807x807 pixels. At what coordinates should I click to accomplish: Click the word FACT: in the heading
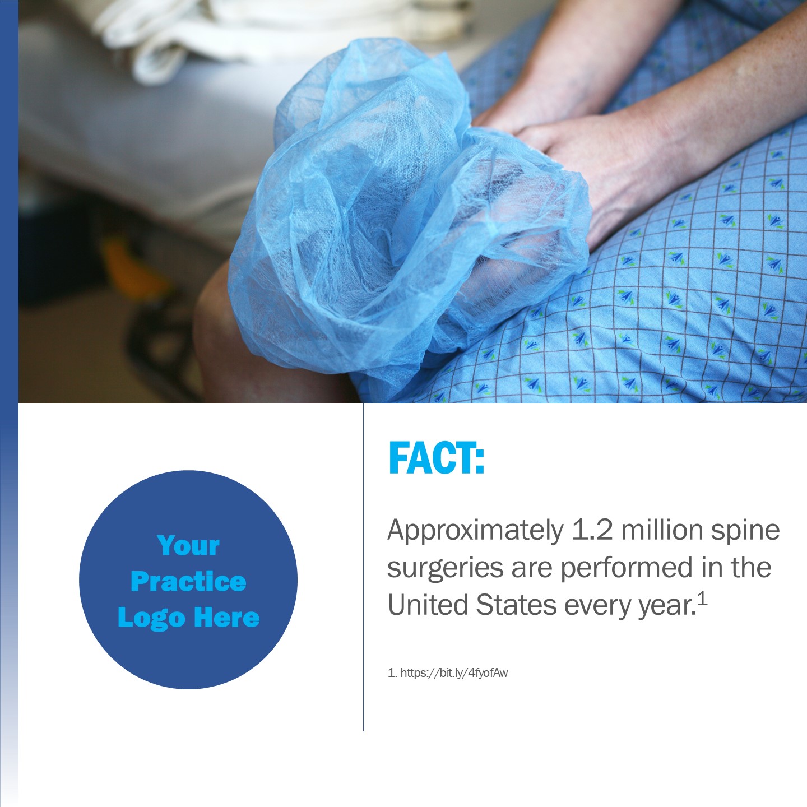click(437, 457)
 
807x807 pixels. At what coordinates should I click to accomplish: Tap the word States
click(516, 605)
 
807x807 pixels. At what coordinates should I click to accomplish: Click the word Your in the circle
click(188, 546)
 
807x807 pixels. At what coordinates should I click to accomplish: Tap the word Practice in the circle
click(188, 582)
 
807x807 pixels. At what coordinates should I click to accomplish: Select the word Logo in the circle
click(151, 619)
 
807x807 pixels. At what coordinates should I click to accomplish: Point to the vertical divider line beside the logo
click(364, 568)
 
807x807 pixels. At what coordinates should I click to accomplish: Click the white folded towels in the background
click(268, 34)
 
